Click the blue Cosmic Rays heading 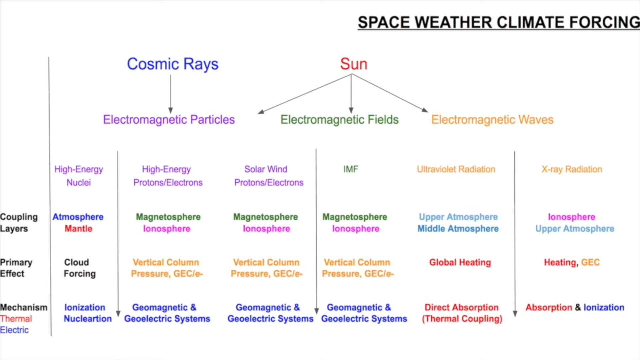point(173,64)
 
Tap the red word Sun point(354,64)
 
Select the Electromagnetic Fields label point(340,119)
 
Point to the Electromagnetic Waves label point(492,119)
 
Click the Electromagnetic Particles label point(169,119)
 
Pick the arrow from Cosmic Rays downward point(170,94)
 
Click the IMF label point(351,169)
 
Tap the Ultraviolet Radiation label point(456,169)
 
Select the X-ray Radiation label point(572,169)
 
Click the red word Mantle point(78,229)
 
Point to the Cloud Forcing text point(80,268)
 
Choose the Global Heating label point(460,263)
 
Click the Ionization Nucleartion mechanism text point(88,313)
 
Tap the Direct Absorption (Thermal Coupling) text point(462,313)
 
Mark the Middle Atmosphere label point(458,229)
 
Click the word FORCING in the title point(604,22)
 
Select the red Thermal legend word point(16,319)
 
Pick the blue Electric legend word point(14,330)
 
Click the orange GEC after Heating point(590,262)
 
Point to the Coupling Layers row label point(19,223)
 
